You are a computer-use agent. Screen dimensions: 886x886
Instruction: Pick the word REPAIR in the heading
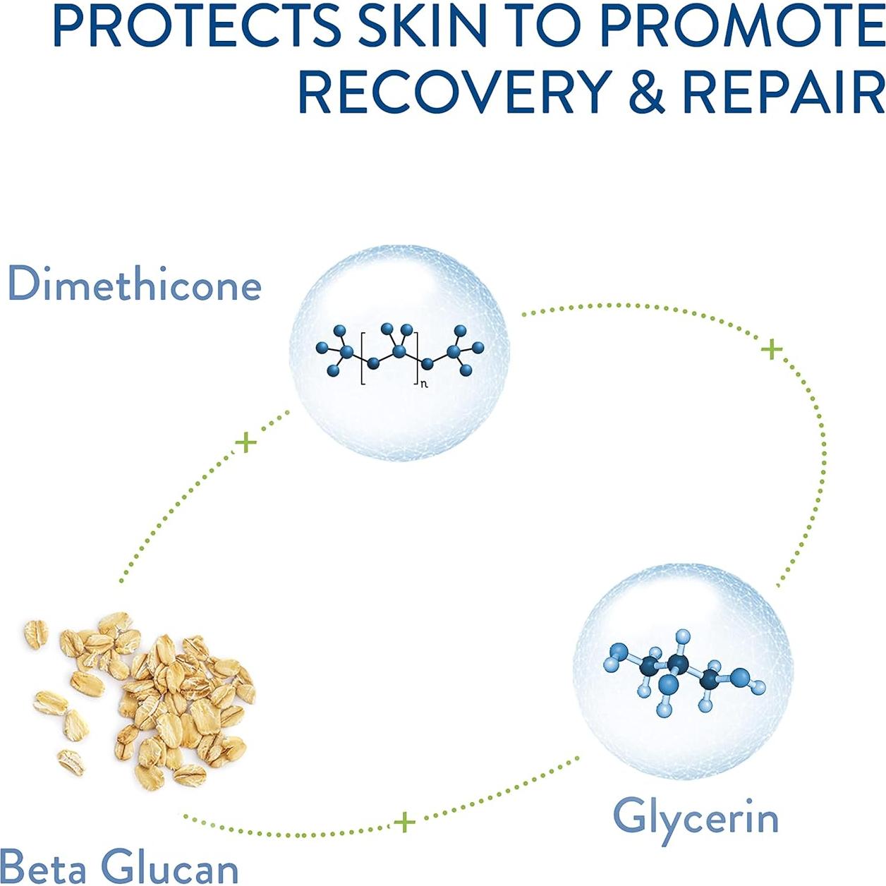[x=783, y=92]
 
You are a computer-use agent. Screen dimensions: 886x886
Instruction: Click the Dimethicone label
[x=134, y=284]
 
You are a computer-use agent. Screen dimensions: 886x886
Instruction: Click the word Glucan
[x=170, y=867]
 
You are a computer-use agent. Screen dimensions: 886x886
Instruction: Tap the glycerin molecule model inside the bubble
[x=681, y=673]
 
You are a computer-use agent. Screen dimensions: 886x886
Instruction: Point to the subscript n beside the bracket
[x=424, y=384]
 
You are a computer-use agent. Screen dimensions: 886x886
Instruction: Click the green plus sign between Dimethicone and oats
[x=246, y=443]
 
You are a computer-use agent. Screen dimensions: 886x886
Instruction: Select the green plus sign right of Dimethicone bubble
[x=772, y=348]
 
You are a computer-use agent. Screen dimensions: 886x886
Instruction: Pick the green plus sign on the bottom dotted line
[x=404, y=822]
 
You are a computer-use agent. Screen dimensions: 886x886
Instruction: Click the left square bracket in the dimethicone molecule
[x=363, y=358]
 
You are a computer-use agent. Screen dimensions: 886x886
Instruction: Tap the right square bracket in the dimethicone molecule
[x=417, y=358]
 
